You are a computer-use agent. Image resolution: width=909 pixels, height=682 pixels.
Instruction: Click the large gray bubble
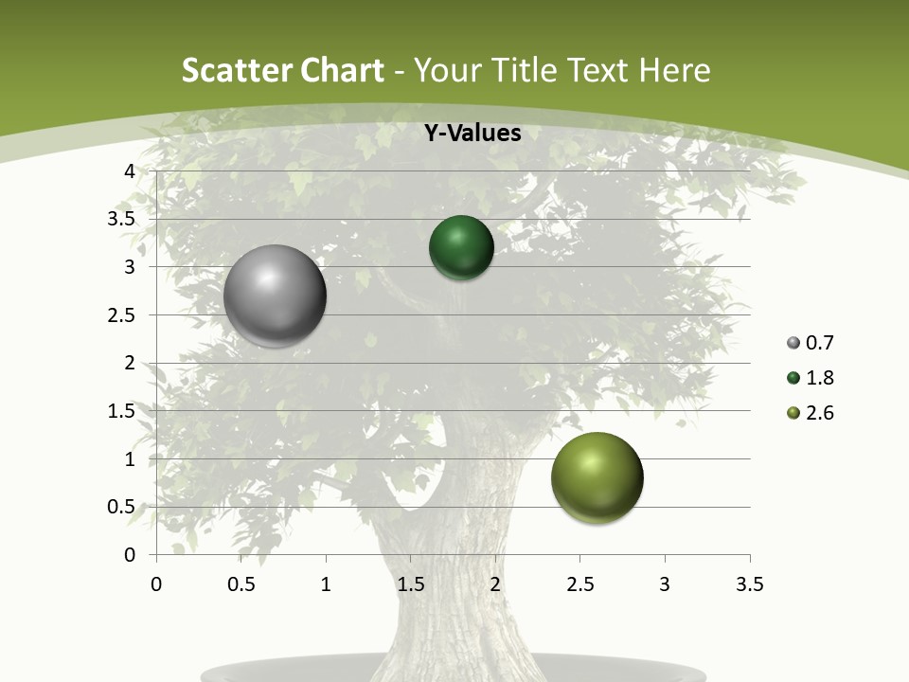[275, 296]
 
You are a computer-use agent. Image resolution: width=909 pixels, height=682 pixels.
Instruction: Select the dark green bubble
[461, 247]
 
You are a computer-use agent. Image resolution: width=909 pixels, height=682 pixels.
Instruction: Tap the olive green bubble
[597, 477]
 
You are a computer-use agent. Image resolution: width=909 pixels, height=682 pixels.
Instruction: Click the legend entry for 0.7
[811, 343]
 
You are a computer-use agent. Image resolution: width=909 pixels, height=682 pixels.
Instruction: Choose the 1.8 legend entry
[811, 378]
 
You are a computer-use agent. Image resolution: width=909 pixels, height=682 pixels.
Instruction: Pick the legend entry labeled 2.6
[811, 413]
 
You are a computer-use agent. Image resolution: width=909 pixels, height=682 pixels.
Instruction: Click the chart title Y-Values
[472, 134]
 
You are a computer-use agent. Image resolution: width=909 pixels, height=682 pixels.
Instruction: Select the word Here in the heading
[674, 70]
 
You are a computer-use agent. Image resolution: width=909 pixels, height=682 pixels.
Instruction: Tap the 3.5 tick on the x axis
[749, 584]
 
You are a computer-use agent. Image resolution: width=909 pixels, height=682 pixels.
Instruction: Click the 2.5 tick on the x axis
[579, 584]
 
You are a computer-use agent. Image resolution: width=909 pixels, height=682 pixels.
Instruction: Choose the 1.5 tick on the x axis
[410, 584]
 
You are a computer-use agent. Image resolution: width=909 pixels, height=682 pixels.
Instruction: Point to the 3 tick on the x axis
[665, 584]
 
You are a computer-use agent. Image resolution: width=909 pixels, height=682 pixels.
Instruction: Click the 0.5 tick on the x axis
[241, 584]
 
